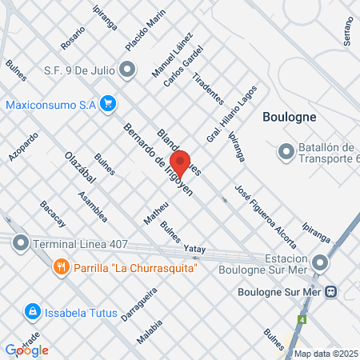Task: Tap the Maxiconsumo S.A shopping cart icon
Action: pyautogui.click(x=109, y=104)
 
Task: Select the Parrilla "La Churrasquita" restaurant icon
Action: pyautogui.click(x=59, y=266)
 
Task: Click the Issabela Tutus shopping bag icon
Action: pyautogui.click(x=31, y=310)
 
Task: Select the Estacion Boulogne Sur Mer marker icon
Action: pyautogui.click(x=320, y=263)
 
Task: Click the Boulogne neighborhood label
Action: pyautogui.click(x=290, y=116)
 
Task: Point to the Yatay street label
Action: pyautogui.click(x=195, y=250)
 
